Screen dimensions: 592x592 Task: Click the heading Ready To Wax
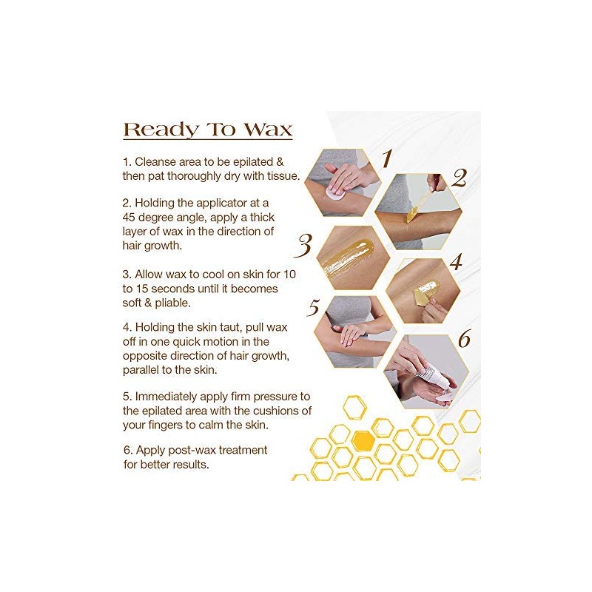coord(207,129)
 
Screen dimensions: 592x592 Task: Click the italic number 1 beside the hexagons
coord(386,158)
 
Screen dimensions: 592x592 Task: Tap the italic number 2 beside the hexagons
coord(460,178)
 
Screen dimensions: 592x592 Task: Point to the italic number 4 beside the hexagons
coord(456,262)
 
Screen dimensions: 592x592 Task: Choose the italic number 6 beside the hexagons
coord(464,340)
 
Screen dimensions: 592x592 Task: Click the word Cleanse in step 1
coord(158,161)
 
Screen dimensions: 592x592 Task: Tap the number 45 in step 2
coord(131,218)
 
